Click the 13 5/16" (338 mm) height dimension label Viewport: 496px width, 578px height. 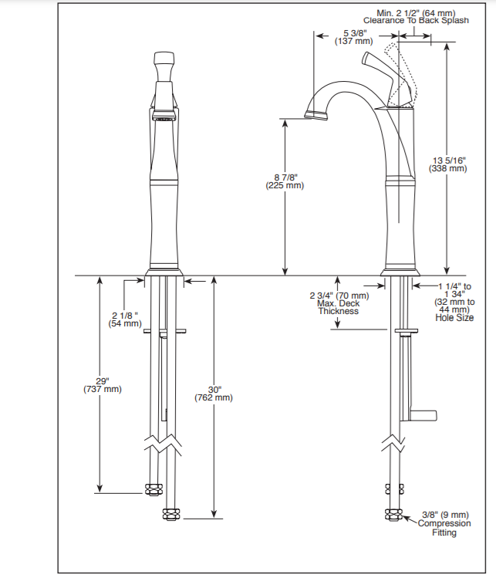[447, 164]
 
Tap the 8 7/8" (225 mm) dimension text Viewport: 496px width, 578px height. [285, 181]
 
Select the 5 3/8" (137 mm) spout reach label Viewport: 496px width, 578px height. [354, 37]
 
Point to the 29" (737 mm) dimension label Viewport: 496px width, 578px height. [103, 385]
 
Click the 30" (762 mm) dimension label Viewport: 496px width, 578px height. [214, 394]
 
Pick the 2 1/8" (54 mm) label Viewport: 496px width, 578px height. [125, 319]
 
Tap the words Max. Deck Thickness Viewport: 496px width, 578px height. [339, 307]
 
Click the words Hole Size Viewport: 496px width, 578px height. [454, 317]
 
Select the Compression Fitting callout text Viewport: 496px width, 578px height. [444, 528]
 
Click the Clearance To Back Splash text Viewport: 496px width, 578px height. [416, 20]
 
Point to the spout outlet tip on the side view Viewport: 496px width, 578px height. [316, 115]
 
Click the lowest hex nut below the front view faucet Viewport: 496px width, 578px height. [171, 515]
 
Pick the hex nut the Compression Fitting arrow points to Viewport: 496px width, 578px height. [393, 514]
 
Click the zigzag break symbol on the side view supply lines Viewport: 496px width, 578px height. [393, 444]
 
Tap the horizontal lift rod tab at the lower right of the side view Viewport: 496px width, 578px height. [423, 415]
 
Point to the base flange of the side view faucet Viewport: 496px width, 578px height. [400, 272]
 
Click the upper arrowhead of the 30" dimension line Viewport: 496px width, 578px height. [214, 280]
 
